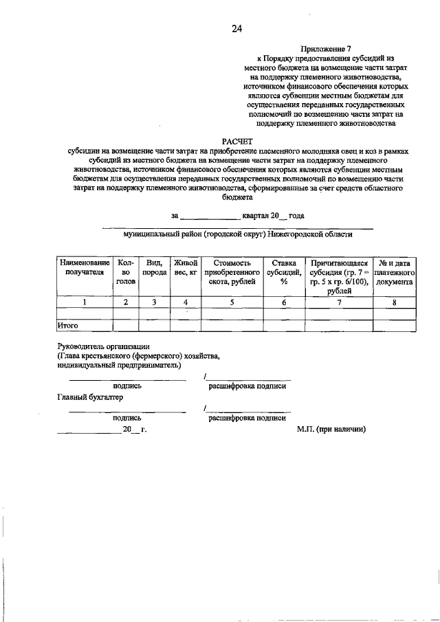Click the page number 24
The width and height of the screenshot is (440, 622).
236,28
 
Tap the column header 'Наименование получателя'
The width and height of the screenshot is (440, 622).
84,267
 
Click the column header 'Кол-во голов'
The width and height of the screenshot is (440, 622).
125,272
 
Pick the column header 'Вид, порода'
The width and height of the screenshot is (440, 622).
154,267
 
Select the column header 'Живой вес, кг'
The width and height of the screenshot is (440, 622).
186,267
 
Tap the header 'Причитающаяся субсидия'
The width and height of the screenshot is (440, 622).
340,276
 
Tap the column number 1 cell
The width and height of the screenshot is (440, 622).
84,302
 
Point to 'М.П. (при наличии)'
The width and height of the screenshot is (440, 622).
331,429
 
